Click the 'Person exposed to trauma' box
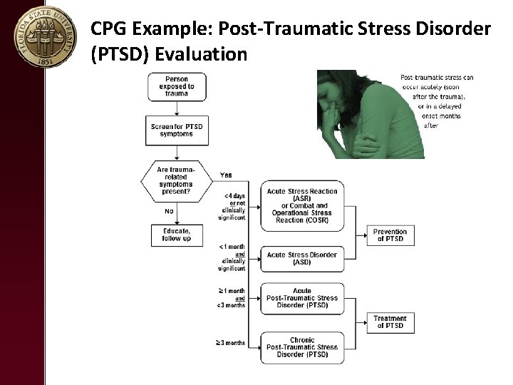176,86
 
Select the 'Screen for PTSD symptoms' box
177,130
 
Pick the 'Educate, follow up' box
177,235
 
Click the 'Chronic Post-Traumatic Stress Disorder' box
302,346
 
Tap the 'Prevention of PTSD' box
390,235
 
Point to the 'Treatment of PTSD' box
390,322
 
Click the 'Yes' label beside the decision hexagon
226,175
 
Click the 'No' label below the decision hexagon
170,211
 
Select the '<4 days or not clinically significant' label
234,207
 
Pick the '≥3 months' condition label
232,343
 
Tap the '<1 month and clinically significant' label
233,257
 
